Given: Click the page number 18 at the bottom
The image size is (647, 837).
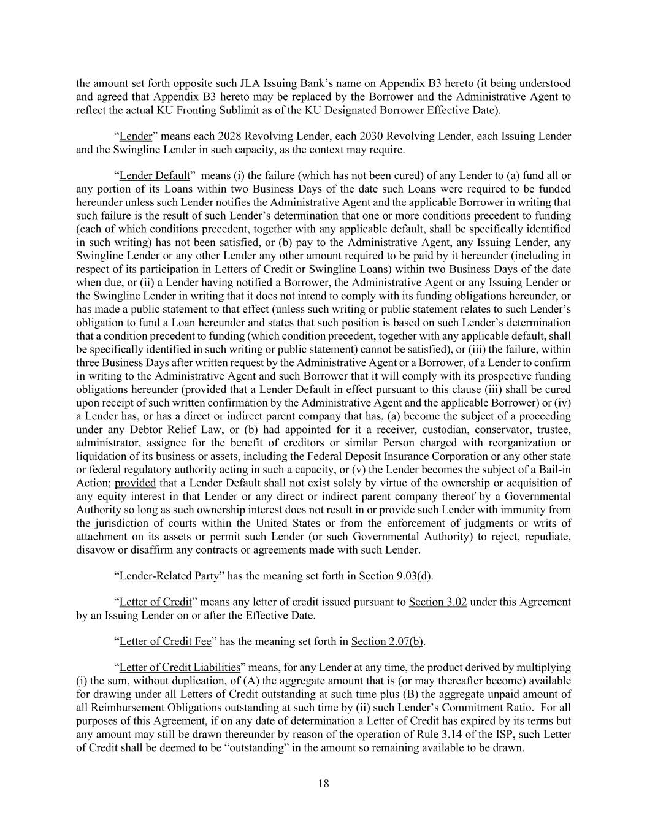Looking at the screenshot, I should [324, 783].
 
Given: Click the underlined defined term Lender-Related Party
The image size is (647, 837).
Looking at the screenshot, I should [169, 576].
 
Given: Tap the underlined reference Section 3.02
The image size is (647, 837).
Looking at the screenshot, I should [438, 602].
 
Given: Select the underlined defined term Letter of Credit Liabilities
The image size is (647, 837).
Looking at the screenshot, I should [180, 668].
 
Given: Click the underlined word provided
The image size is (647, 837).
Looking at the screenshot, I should [135, 483].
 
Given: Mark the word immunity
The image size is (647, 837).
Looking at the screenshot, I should [524, 510].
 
